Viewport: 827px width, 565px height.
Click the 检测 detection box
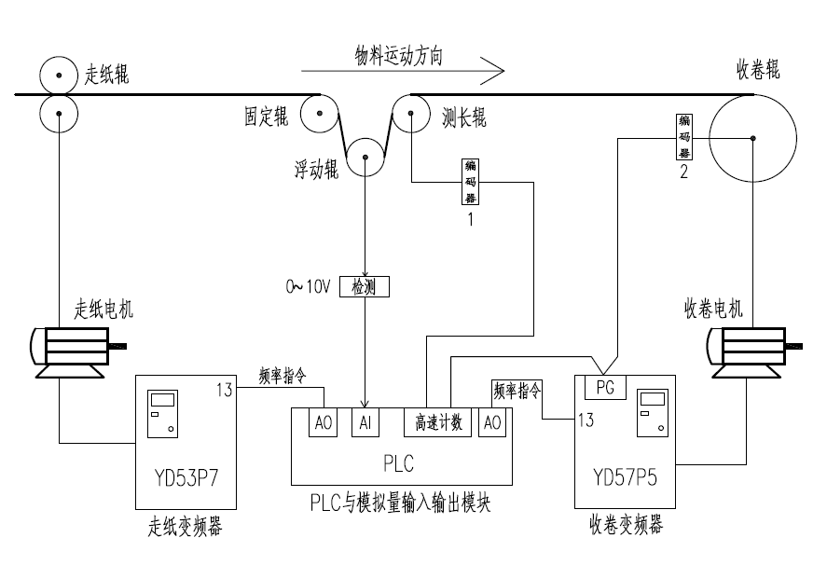point(365,287)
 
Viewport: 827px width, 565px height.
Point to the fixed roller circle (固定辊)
point(317,116)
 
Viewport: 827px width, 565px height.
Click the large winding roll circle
point(752,138)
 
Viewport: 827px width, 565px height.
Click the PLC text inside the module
point(399,462)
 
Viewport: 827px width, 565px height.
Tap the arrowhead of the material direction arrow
point(496,70)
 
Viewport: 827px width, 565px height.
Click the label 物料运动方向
point(398,55)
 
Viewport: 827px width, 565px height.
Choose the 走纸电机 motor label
point(103,310)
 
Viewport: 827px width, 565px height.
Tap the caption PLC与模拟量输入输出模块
point(401,504)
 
